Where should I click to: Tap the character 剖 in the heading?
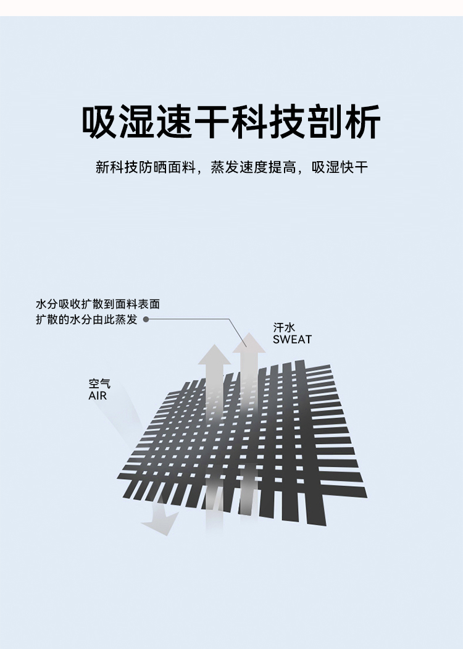coord(324,122)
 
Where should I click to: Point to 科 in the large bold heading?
coord(250,122)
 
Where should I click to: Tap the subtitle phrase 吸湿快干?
coord(340,167)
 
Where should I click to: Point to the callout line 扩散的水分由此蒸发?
coord(86,320)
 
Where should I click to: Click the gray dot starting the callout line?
coord(146,320)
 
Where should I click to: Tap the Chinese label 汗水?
coord(283,328)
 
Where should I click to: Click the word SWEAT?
coord(292,340)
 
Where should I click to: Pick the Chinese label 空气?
coord(99,383)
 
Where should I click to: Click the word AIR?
coord(98,396)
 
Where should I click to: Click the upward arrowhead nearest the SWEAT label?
coord(249,343)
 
